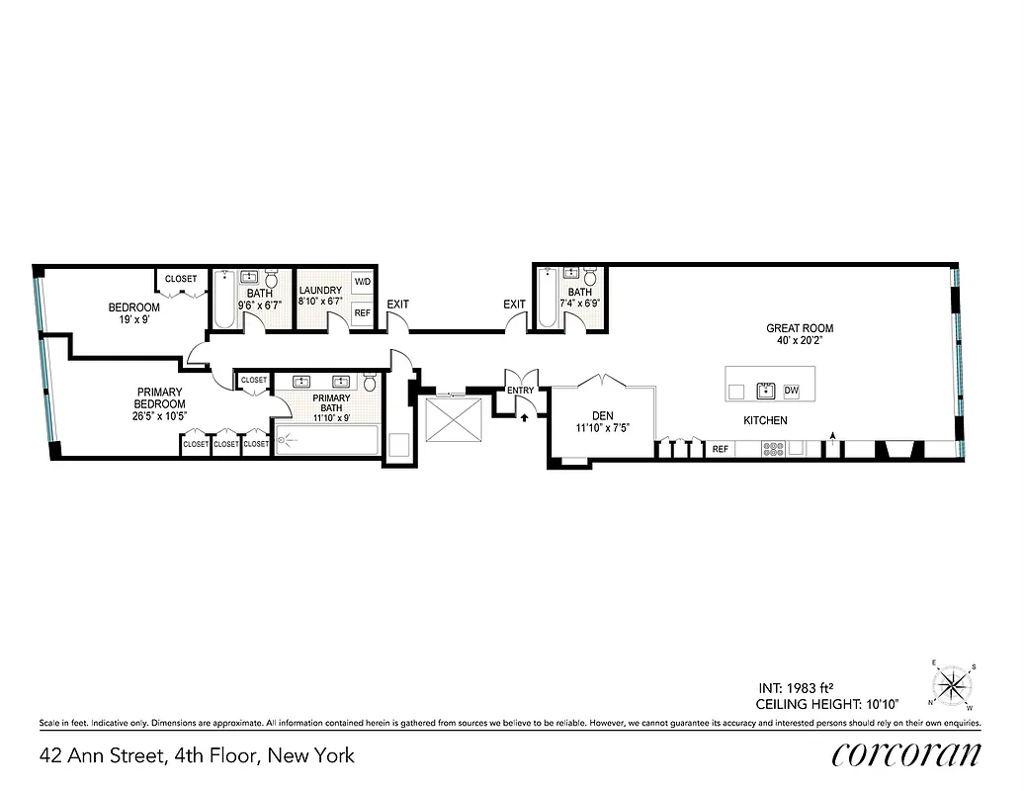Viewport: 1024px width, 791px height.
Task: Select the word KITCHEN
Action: point(766,420)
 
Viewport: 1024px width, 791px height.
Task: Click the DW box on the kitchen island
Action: point(791,391)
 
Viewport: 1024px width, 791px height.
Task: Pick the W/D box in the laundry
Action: point(363,283)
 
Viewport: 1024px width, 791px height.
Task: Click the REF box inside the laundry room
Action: point(363,312)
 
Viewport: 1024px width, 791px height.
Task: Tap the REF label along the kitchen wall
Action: point(721,450)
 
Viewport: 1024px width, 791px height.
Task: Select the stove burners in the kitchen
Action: point(772,449)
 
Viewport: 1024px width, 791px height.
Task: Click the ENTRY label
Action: point(520,391)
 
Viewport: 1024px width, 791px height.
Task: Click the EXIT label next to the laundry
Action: point(398,305)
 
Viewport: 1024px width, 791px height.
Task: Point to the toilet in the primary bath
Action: point(370,384)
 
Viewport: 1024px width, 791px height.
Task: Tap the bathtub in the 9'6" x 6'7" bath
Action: point(222,302)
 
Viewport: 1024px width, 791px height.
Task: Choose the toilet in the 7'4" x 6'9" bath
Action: point(590,277)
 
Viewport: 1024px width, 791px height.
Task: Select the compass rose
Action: point(953,685)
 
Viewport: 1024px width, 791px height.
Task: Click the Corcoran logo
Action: point(906,754)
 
